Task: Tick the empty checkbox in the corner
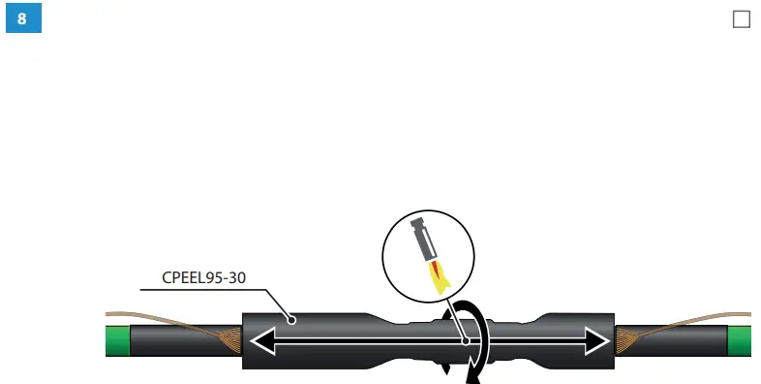pos(742,19)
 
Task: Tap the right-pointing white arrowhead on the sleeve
pos(599,340)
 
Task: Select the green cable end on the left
pos(117,340)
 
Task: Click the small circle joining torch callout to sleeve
pos(466,340)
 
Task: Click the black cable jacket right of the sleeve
pos(678,340)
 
